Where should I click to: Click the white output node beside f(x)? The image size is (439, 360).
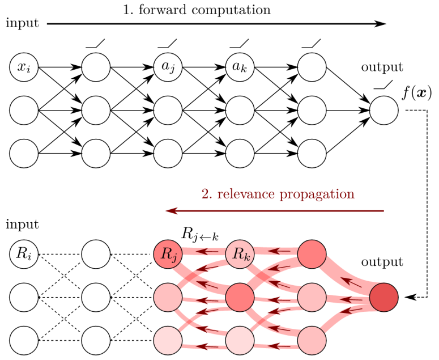click(385, 109)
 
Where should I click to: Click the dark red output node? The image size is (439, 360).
click(385, 297)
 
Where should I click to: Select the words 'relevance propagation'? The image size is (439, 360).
click(278, 194)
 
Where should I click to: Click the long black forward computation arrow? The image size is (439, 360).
click(215, 24)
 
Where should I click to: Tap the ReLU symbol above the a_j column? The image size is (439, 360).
click(168, 43)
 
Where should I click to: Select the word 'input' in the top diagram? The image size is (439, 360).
click(22, 24)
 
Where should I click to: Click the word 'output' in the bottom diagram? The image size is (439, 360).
click(382, 262)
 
